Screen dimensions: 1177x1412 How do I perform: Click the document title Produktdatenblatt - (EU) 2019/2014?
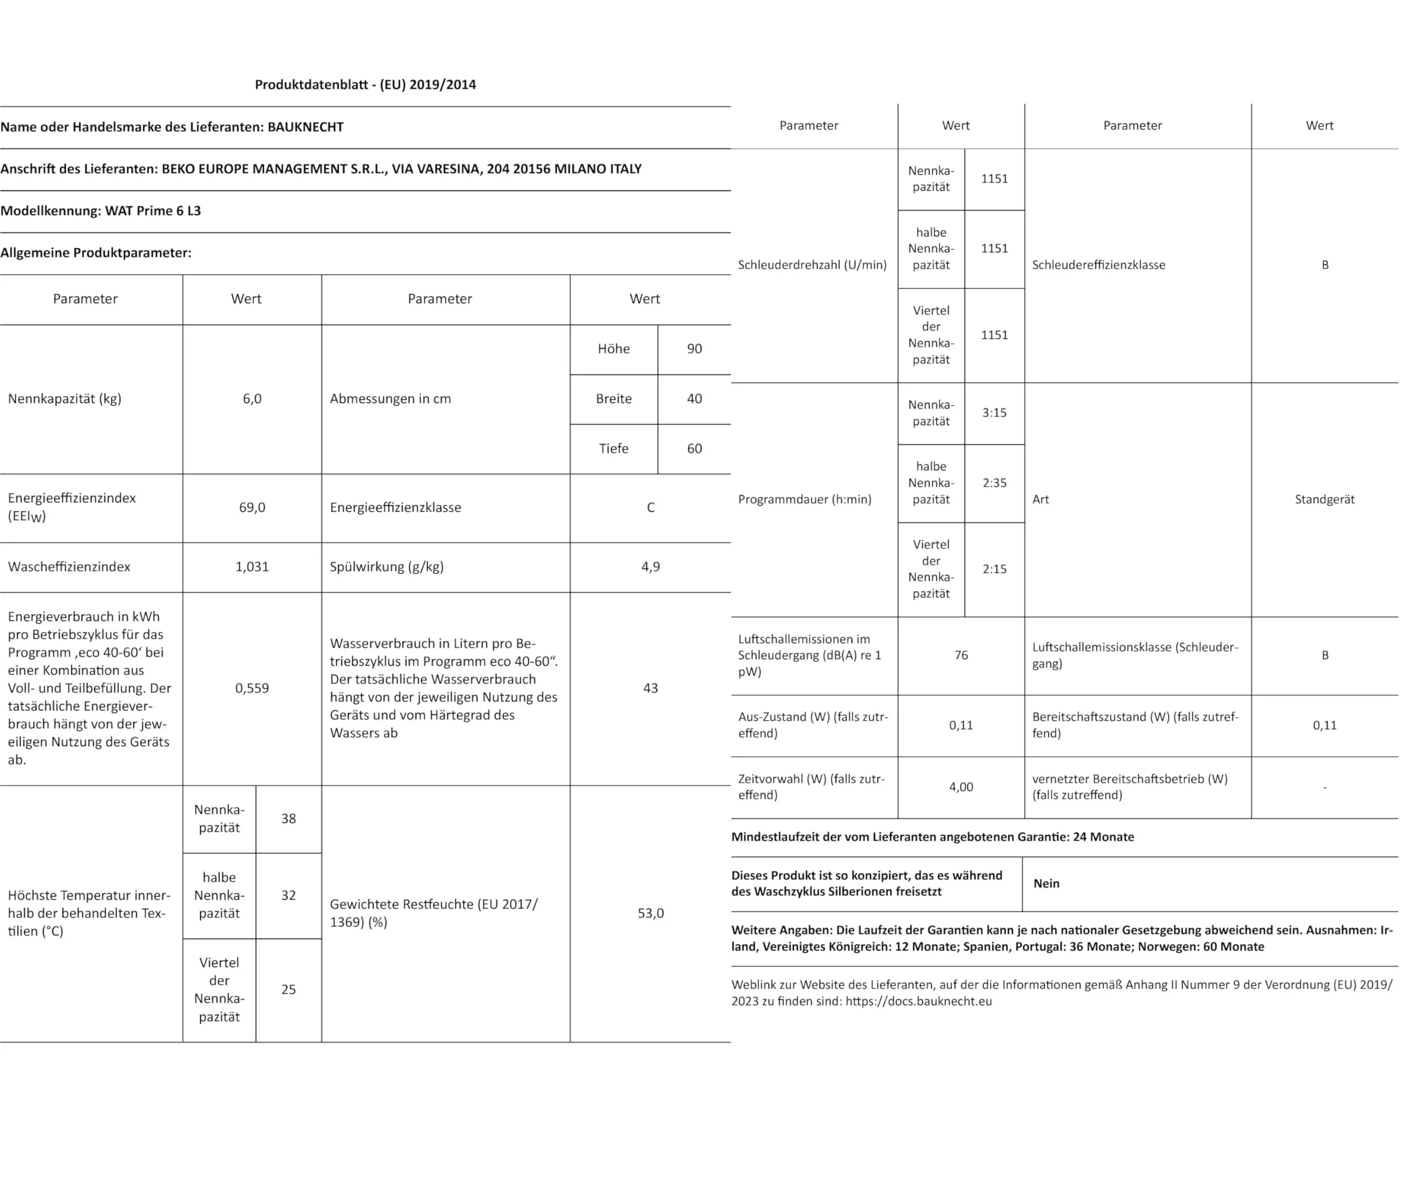coord(365,85)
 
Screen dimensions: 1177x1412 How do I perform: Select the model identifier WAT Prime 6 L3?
coord(153,211)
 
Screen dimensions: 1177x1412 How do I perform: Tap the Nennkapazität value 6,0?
coord(252,399)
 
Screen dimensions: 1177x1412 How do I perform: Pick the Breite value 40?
coord(694,399)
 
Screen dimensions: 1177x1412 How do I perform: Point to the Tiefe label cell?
coord(613,449)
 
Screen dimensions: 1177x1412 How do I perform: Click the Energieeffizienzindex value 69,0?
coord(252,508)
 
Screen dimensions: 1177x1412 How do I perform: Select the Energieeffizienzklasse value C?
coord(650,508)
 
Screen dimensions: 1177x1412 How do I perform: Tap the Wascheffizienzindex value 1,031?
coord(252,567)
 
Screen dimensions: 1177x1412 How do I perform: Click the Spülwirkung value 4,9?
coord(650,567)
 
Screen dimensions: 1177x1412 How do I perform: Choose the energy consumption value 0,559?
coord(252,688)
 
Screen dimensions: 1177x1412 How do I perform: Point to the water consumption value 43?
coord(650,688)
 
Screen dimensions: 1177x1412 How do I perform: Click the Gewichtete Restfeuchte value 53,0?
coord(650,913)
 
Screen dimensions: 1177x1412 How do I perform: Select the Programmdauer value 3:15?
coord(994,413)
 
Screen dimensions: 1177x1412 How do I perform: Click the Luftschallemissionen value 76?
coord(961,655)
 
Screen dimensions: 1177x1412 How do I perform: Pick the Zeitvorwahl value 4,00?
coord(961,787)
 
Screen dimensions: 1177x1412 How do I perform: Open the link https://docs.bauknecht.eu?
coord(918,1001)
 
